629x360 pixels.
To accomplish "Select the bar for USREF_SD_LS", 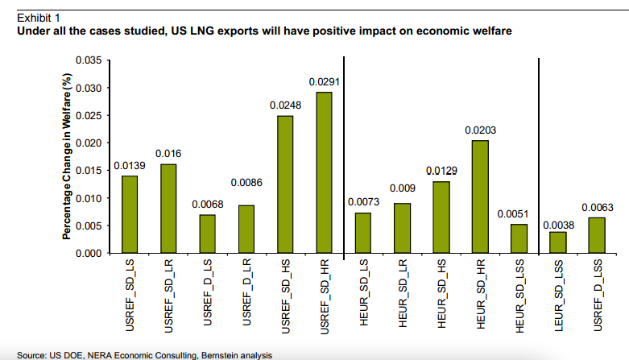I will click(x=129, y=214).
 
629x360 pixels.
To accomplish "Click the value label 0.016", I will click(x=168, y=152).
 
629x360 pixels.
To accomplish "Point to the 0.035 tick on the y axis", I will click(x=88, y=60).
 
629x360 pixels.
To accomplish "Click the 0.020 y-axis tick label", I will click(x=88, y=143).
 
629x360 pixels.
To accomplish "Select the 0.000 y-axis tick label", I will click(x=88, y=254).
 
